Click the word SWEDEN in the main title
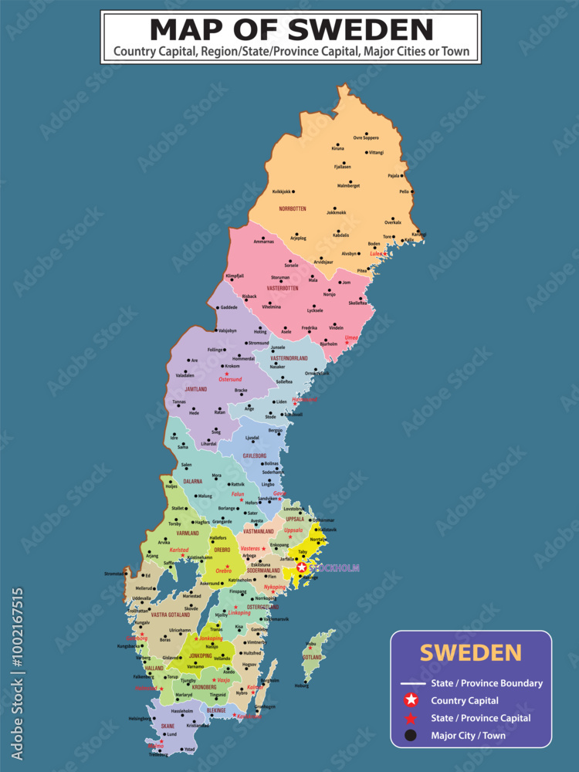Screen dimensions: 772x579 click(361, 29)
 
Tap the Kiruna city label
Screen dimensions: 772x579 click(337, 148)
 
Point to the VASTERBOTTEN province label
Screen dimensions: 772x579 click(283, 288)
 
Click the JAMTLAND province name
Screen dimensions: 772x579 click(195, 389)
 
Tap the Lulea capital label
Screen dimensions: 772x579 click(377, 252)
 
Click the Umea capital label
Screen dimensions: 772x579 click(351, 338)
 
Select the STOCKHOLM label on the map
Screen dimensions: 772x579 click(334, 568)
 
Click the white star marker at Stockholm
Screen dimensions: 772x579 click(302, 567)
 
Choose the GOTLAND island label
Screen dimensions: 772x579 click(312, 657)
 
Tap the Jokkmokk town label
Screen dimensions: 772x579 click(335, 212)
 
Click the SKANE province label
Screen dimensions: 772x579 click(168, 727)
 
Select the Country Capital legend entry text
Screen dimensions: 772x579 click(465, 701)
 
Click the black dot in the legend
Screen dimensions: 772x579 click(411, 736)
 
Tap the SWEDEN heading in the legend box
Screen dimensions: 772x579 click(470, 652)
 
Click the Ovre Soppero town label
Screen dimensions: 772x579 click(366, 137)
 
